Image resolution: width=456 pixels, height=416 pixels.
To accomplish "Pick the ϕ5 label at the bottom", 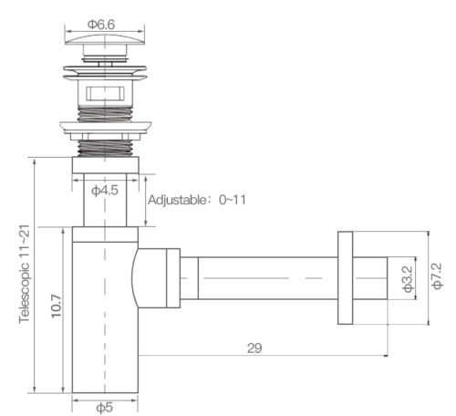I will coord(104,407).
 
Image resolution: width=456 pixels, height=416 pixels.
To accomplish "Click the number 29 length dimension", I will coord(255,348).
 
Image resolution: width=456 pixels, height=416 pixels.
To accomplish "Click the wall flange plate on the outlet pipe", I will coord(345,276).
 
